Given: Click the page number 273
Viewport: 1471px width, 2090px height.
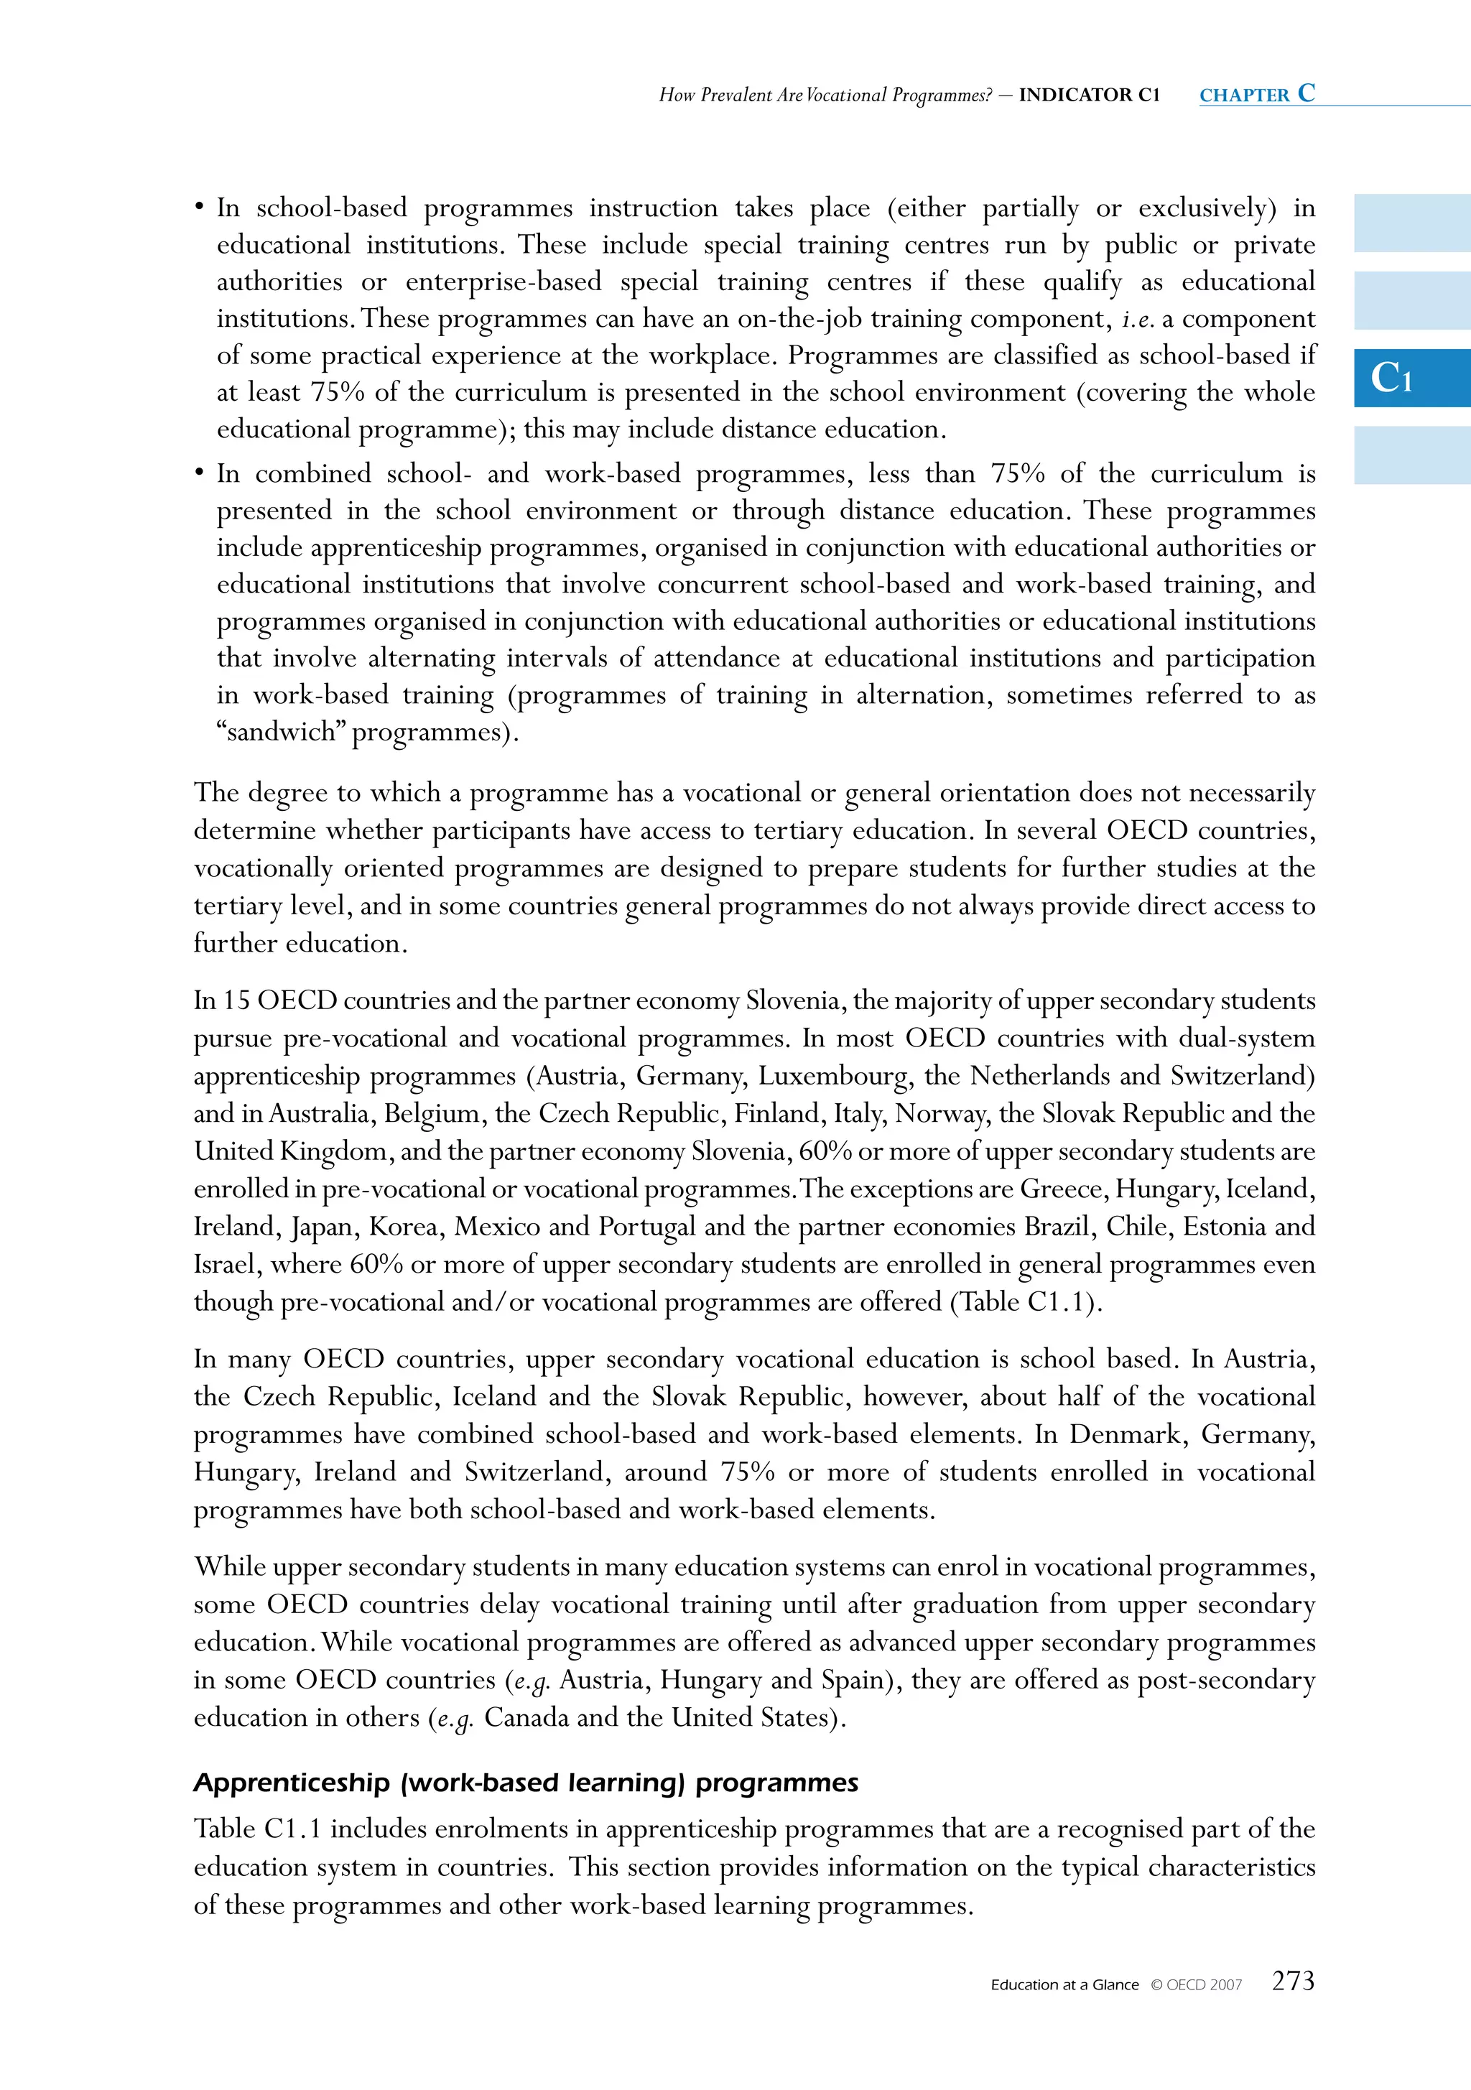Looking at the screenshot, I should pos(1293,1981).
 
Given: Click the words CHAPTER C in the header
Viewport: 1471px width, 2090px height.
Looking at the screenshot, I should pos(1257,94).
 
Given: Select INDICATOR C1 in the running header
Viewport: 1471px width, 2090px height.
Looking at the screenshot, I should pos(1089,95).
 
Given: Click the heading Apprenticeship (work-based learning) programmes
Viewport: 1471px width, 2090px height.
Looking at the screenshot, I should pos(525,1783).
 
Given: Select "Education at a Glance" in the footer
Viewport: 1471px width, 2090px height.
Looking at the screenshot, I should pos(1064,1984).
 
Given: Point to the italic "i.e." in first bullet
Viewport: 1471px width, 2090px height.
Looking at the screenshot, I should pos(1138,319).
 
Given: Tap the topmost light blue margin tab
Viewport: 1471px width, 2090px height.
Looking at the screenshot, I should pos(1411,223).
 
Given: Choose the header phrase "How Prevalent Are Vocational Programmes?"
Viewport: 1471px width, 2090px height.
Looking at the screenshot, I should pos(825,95).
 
